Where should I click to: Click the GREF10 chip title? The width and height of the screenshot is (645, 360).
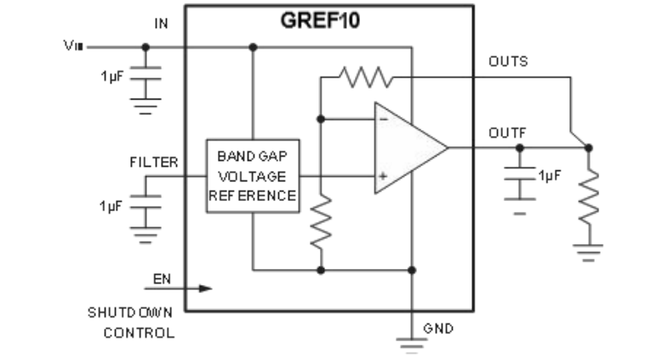pos(320,21)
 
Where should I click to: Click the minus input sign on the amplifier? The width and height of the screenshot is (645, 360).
pos(383,121)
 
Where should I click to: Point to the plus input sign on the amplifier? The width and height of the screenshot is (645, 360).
pos(383,176)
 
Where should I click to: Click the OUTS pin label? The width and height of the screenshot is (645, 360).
pos(508,62)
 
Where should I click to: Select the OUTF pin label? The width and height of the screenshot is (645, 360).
pos(508,134)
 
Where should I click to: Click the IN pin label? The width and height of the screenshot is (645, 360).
pos(161,25)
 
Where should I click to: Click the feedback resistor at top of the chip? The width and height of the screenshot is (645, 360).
pos(365,77)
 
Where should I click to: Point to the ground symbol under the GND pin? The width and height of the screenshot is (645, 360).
pos(411,343)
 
